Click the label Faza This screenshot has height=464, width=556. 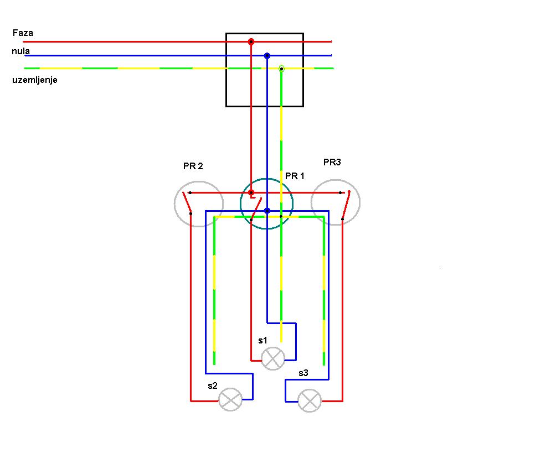click(x=23, y=33)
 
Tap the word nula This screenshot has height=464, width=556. click(x=21, y=51)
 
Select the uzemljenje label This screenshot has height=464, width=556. click(x=35, y=80)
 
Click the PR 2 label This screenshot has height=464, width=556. click(x=193, y=166)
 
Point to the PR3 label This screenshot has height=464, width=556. click(x=332, y=162)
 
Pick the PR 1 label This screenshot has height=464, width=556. click(x=295, y=176)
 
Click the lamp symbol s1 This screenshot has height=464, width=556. click(x=273, y=359)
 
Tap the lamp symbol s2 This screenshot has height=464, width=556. click(x=230, y=399)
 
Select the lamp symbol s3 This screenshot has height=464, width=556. click(x=310, y=400)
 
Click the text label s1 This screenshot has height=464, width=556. click(x=262, y=340)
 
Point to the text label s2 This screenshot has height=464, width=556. click(x=213, y=385)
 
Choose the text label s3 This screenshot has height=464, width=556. click(x=303, y=373)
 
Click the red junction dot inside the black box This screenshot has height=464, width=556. click(x=251, y=41)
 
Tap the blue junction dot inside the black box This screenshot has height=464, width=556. click(x=267, y=56)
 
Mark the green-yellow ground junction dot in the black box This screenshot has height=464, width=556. click(x=281, y=69)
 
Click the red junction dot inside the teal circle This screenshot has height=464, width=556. click(x=251, y=192)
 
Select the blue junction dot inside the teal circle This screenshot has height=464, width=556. click(x=267, y=211)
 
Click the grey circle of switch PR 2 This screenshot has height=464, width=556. click(x=199, y=204)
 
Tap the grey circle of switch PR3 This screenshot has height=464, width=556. click(x=336, y=202)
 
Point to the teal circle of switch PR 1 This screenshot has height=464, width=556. click(x=266, y=204)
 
